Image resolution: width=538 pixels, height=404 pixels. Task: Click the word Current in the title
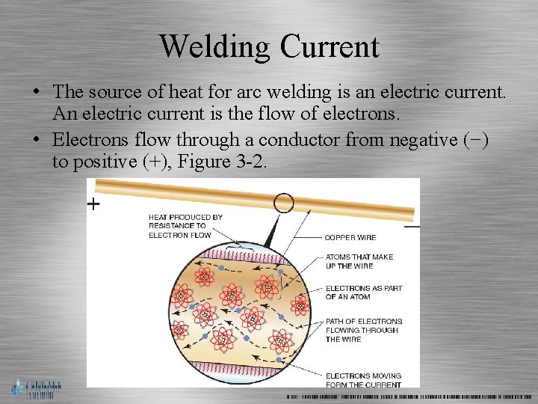pos(330,46)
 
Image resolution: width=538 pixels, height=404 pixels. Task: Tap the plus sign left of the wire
pos(93,204)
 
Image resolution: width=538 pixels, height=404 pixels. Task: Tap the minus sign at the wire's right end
pos(412,226)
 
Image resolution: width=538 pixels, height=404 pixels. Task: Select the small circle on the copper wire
pos(284,203)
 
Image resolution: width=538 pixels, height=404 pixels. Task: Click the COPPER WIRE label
pos(350,238)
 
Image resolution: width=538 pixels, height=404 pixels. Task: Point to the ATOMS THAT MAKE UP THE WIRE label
pos(359,261)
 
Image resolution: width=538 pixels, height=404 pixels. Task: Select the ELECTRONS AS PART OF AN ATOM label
pos(363,293)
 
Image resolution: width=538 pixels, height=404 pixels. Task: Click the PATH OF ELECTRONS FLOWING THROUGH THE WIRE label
pos(363,330)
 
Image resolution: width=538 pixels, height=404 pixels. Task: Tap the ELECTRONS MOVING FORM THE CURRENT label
pos(363,380)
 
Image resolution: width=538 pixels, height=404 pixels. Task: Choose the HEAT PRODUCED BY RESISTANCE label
pos(185,226)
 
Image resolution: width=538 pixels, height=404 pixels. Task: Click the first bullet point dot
pos(36,93)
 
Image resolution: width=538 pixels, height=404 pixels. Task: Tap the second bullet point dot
pos(36,141)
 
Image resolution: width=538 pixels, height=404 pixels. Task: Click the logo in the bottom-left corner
pos(36,388)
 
